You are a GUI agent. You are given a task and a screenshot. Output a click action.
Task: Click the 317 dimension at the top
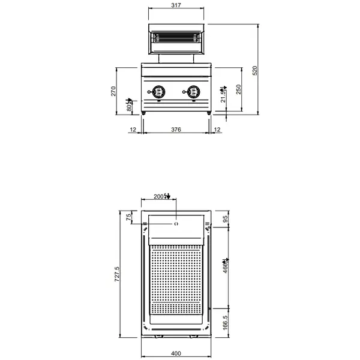(x=176, y=5)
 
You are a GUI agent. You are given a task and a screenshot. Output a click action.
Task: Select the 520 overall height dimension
(x=254, y=70)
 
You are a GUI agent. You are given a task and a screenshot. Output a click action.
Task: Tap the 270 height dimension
(x=113, y=91)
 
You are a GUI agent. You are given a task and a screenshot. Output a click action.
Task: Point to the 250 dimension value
(x=238, y=89)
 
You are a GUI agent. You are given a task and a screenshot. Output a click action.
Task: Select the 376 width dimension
(x=176, y=130)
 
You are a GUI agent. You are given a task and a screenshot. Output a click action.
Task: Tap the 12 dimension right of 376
(x=217, y=130)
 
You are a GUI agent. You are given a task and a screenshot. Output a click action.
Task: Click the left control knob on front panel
(x=158, y=92)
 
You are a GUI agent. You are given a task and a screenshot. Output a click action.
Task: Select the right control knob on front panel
(x=193, y=92)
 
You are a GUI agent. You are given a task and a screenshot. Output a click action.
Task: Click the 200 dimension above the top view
(x=159, y=196)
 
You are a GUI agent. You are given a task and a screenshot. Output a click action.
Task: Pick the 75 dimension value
(x=128, y=218)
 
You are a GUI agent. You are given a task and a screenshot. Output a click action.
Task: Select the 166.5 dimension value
(x=225, y=321)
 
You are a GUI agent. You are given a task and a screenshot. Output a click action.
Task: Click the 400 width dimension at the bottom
(x=176, y=353)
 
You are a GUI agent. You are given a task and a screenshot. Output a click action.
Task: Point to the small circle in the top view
(x=176, y=224)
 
